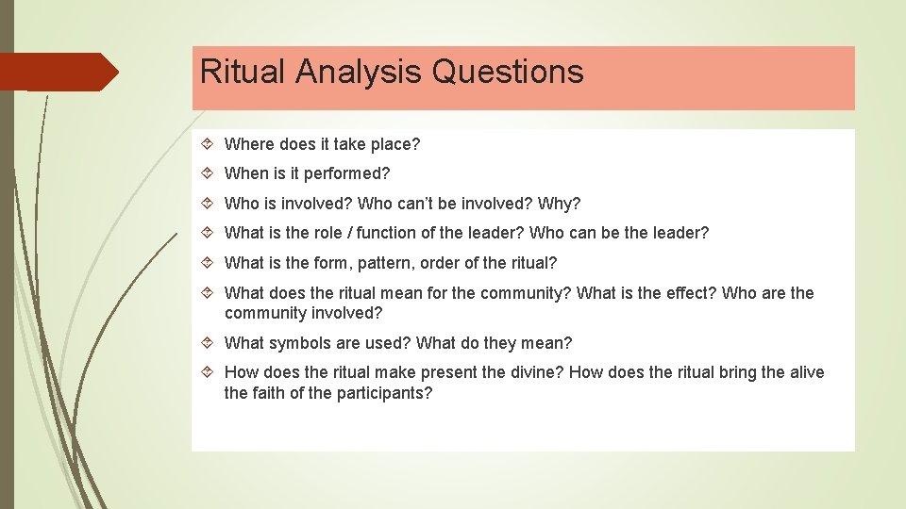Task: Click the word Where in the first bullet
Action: click(248, 144)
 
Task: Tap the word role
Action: click(333, 234)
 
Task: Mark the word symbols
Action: click(297, 343)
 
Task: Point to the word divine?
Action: click(537, 372)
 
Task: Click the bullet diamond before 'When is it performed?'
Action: click(208, 174)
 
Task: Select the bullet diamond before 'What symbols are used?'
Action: click(208, 343)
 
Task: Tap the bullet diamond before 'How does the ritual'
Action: click(208, 372)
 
